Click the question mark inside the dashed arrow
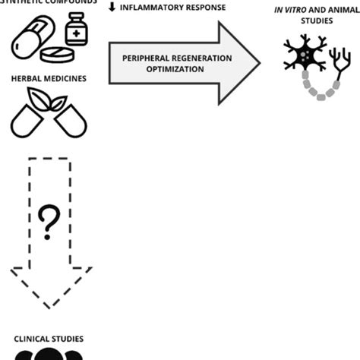click(48, 223)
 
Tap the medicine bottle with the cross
click(76, 31)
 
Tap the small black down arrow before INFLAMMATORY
click(112, 8)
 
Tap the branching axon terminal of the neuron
click(334, 62)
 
